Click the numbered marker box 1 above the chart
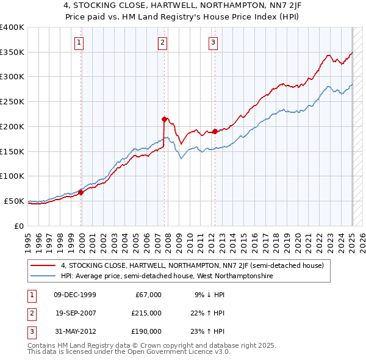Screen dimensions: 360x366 81,43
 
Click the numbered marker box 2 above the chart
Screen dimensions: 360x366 163,43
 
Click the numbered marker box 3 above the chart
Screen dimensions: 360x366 213,43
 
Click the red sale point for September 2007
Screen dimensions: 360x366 164,119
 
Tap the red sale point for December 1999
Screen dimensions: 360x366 81,192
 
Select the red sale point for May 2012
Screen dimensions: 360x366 215,131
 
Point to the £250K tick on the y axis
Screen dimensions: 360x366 12,101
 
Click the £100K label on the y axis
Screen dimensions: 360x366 12,176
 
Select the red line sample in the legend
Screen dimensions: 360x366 43,265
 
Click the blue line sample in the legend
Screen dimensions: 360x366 43,276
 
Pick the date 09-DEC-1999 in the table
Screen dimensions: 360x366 75,295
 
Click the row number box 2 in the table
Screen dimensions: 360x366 30,312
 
